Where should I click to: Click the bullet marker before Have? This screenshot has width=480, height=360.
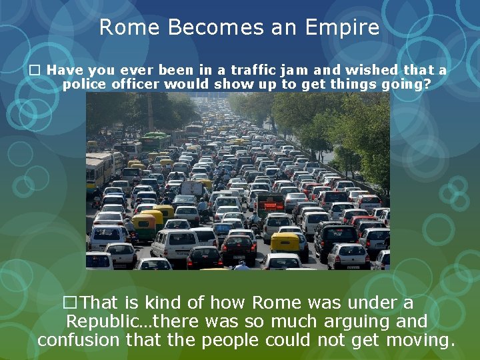37,70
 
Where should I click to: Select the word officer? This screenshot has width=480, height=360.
136,85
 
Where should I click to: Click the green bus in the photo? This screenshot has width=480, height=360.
155,141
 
